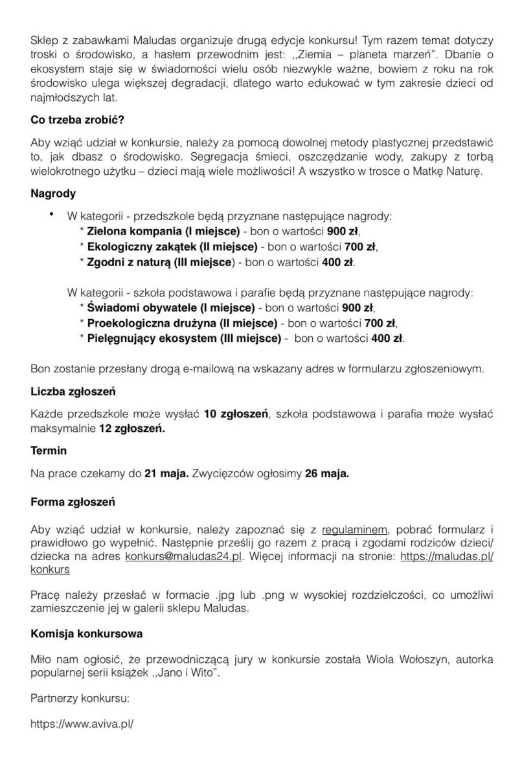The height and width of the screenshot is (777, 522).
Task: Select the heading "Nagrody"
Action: point(53,194)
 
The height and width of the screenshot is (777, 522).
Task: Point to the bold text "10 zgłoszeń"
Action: point(236,414)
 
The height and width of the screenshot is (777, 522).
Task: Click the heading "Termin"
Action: point(49,449)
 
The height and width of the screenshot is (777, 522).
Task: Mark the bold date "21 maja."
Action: point(166,473)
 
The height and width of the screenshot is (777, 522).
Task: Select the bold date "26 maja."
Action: point(326,473)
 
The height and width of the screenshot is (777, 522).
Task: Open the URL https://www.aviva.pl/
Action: point(82,724)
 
